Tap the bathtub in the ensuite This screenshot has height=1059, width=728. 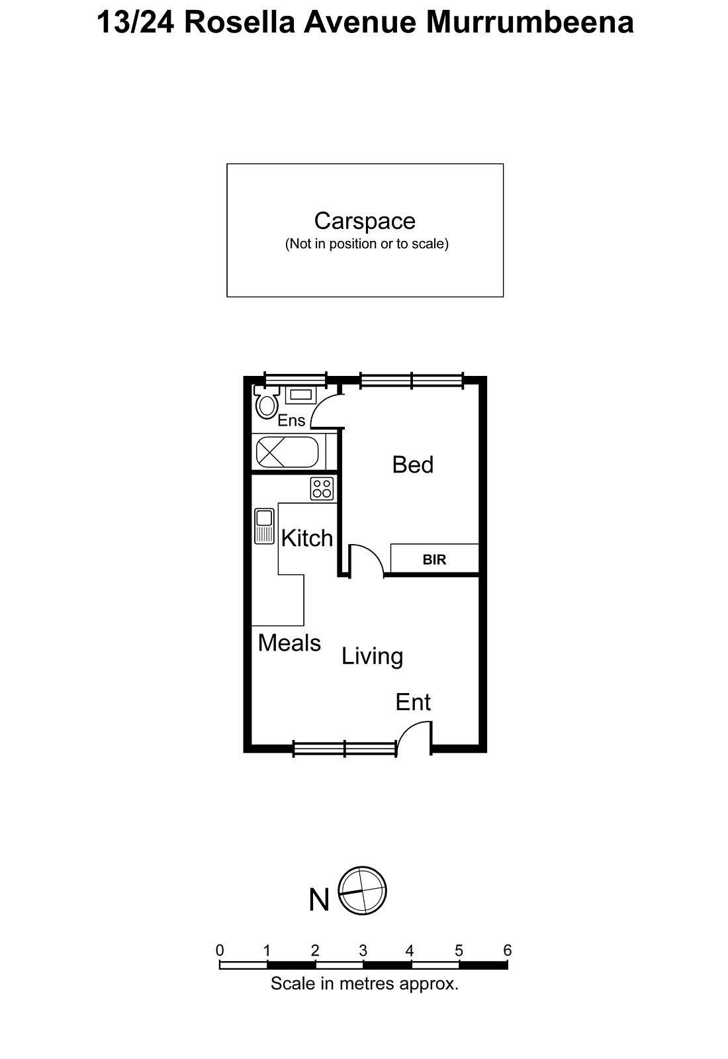287,453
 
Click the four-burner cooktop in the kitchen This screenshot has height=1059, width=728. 322,489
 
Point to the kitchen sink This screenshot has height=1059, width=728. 265,526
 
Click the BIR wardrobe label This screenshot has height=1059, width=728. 434,560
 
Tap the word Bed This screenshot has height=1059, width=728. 412,465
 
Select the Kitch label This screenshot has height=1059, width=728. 306,538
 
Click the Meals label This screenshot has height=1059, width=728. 289,643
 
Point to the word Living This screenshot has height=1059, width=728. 372,656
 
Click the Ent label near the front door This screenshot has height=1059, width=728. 413,702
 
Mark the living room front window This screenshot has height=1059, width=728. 345,749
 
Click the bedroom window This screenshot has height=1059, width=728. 411,380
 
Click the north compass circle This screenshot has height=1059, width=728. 362,891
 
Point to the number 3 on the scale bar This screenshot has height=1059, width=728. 363,950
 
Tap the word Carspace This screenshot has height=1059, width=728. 365,220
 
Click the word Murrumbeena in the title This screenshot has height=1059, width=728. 529,22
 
